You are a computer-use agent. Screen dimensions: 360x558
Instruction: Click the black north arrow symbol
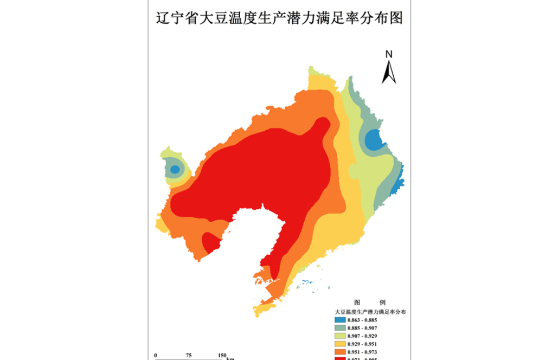[x=389, y=72]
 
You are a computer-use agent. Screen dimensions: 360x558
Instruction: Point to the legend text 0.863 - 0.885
[x=366, y=320]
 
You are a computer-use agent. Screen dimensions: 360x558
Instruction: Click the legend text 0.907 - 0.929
[x=366, y=336]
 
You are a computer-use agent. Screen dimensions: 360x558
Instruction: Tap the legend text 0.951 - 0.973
[x=366, y=352]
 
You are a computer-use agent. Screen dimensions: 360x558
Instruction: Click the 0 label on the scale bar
[x=156, y=356]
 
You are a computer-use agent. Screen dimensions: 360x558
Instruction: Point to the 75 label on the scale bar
[x=189, y=356]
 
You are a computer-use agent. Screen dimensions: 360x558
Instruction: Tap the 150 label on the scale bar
[x=222, y=356]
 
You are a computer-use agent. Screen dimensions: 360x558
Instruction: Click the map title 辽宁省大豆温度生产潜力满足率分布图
[x=279, y=18]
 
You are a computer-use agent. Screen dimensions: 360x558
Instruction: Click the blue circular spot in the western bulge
[x=175, y=170]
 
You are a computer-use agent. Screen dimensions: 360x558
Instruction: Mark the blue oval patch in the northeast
[x=374, y=140]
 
